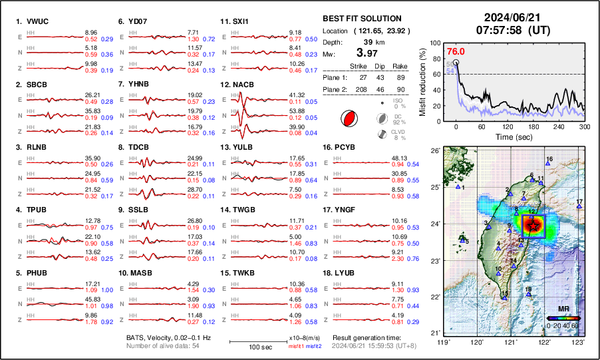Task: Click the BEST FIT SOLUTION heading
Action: tap(361, 19)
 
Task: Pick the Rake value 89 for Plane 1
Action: tap(401, 78)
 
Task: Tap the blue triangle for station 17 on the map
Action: tap(579, 206)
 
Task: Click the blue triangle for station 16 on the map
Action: tap(547, 164)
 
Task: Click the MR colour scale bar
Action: tap(563, 318)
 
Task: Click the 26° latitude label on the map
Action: tap(434, 151)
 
